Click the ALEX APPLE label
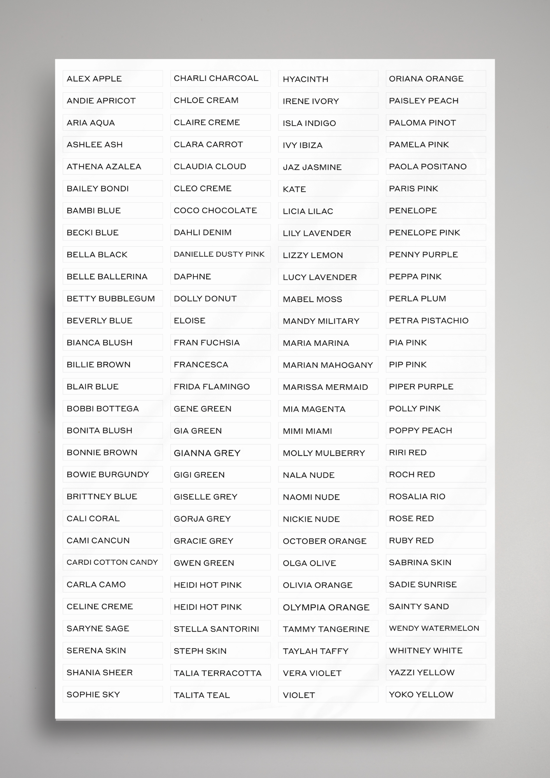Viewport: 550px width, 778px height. click(94, 79)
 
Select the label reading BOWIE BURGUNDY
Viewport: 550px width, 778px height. click(108, 475)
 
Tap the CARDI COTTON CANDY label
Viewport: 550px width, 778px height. click(112, 562)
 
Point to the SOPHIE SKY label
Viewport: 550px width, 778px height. click(93, 694)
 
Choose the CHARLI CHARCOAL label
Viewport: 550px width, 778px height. click(216, 78)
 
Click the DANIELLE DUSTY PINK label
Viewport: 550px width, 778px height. click(219, 254)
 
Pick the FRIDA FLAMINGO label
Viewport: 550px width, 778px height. click(212, 387)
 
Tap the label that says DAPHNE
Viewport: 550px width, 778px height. click(192, 277)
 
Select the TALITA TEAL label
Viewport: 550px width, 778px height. click(201, 695)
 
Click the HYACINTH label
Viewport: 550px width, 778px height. click(305, 79)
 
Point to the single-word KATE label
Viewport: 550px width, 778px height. click(294, 189)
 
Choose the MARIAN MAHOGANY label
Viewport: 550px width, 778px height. click(328, 365)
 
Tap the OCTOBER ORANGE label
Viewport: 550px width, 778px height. click(324, 541)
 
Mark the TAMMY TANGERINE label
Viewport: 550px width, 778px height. click(326, 629)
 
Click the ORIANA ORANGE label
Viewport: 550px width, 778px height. click(426, 79)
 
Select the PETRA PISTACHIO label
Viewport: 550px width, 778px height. click(429, 321)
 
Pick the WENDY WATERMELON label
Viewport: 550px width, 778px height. click(434, 628)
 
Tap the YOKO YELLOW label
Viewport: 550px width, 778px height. click(421, 694)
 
